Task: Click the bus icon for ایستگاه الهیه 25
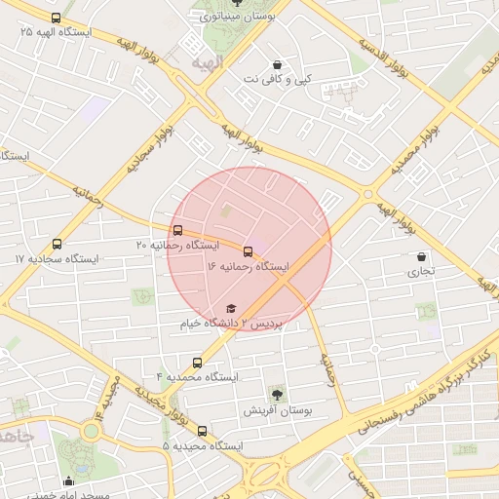tap(56, 18)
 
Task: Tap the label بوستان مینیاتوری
tap(237, 17)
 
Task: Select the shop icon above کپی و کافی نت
tap(278, 63)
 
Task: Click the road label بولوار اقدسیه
tap(381, 57)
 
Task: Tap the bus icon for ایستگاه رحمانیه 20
tap(176, 231)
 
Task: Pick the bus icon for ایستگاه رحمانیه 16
tap(248, 251)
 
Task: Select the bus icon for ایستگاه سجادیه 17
tap(57, 245)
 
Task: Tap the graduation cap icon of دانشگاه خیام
tap(231, 309)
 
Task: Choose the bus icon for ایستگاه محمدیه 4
tap(198, 363)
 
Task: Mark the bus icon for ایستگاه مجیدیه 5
tap(202, 431)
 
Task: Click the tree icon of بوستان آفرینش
tap(277, 396)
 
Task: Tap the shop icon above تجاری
tap(420, 256)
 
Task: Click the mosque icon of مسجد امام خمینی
tap(68, 481)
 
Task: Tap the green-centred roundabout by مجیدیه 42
tap(91, 430)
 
